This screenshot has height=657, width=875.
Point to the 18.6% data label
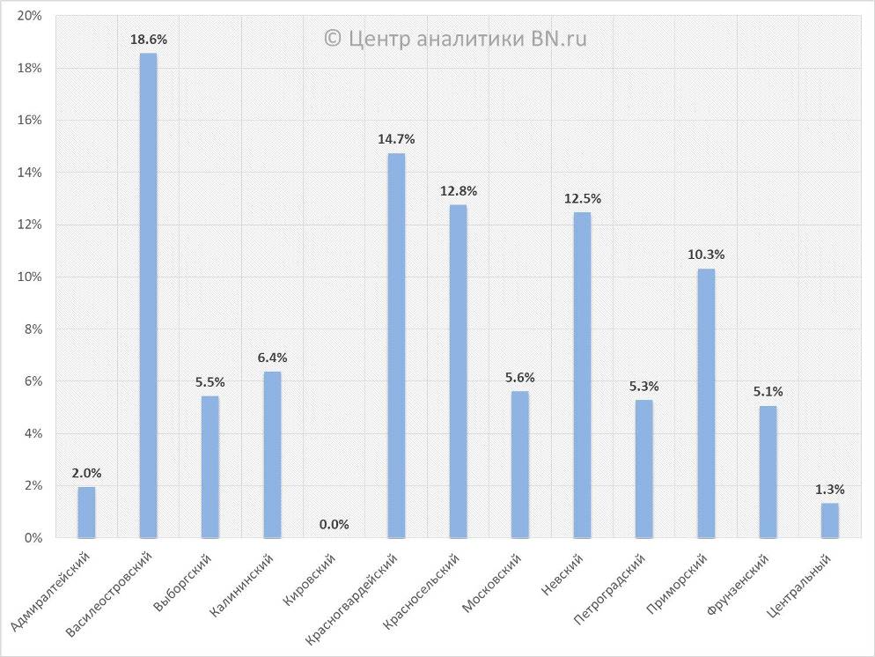click(x=148, y=40)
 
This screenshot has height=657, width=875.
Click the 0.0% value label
click(x=334, y=525)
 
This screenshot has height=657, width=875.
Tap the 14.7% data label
click(x=396, y=139)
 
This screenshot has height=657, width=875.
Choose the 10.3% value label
click(x=706, y=255)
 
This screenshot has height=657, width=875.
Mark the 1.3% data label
click(x=830, y=489)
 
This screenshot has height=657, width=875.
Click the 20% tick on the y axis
click(x=30, y=17)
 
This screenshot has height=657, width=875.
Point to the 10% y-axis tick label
click(x=30, y=277)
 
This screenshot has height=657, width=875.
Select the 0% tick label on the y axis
click(x=33, y=538)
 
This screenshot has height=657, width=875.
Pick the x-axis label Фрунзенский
click(x=738, y=586)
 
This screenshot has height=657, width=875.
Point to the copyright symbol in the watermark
click(x=333, y=38)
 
